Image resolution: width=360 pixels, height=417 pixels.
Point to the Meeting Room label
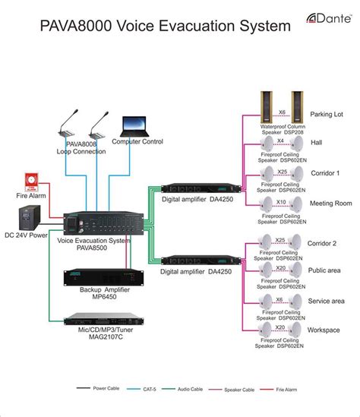point(331,204)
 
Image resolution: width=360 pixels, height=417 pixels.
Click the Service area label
point(327,302)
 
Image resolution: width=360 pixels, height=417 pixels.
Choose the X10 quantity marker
point(280,201)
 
